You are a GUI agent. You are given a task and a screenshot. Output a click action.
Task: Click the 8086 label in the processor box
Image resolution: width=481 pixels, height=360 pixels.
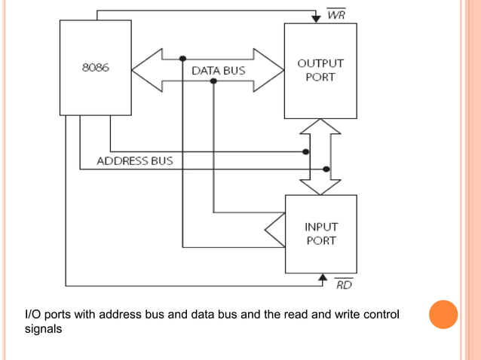pos(95,67)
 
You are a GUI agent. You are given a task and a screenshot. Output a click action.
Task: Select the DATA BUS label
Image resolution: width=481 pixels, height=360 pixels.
pos(218,71)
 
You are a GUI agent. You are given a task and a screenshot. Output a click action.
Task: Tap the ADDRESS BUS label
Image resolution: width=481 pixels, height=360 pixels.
pos(134,160)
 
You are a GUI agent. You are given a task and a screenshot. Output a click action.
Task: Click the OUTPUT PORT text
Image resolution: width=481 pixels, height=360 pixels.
pos(320,70)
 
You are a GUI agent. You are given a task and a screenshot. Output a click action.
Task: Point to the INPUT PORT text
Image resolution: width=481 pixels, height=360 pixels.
pos(320,233)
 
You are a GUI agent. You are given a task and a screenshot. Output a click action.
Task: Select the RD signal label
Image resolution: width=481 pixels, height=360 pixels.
pos(343,285)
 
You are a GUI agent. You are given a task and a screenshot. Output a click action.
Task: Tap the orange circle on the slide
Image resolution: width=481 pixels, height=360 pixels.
pos(443,314)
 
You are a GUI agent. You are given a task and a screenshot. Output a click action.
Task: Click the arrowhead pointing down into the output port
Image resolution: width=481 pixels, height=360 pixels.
pos(316,18)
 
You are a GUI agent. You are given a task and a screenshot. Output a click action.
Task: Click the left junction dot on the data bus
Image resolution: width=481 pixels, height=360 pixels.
pos(182,58)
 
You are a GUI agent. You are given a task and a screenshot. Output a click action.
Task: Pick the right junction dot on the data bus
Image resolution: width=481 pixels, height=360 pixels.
pos(213,81)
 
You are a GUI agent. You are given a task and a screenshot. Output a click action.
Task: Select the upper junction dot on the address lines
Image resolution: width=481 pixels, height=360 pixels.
pos(305,151)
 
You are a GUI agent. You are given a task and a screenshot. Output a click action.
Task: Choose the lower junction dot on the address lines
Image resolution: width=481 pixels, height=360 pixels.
pos(326,169)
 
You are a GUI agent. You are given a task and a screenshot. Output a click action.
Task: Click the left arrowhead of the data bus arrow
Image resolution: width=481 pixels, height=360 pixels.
pos(143,70)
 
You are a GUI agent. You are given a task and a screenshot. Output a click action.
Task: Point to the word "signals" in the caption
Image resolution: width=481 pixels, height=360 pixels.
pos(44,329)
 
